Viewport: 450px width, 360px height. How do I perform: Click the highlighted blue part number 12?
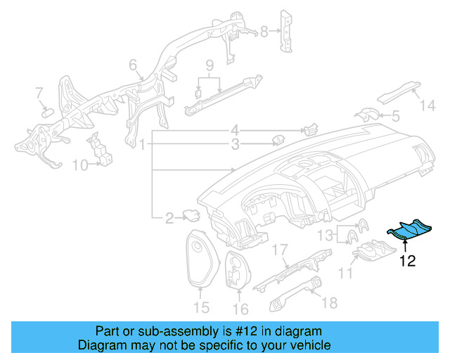411,232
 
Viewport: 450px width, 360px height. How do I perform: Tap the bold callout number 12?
407,261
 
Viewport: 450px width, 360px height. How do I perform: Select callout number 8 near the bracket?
264,31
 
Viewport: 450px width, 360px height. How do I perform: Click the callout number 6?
132,66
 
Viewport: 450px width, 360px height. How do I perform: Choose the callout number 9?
209,65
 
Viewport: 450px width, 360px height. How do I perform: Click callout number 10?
79,166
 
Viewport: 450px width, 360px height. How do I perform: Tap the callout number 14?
427,106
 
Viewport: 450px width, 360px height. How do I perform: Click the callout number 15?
201,308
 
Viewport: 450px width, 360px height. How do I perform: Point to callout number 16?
240,309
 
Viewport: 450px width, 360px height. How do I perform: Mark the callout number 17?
280,250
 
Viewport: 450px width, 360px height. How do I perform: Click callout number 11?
345,272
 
